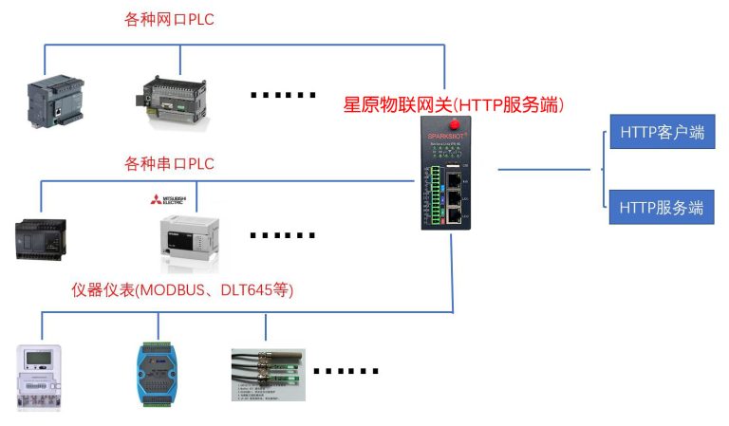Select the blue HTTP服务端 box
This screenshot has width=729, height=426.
(662, 206)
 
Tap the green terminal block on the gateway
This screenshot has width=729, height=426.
(435, 194)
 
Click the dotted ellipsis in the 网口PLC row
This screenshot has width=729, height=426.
(282, 95)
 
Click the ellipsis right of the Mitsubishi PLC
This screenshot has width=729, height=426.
(282, 234)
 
